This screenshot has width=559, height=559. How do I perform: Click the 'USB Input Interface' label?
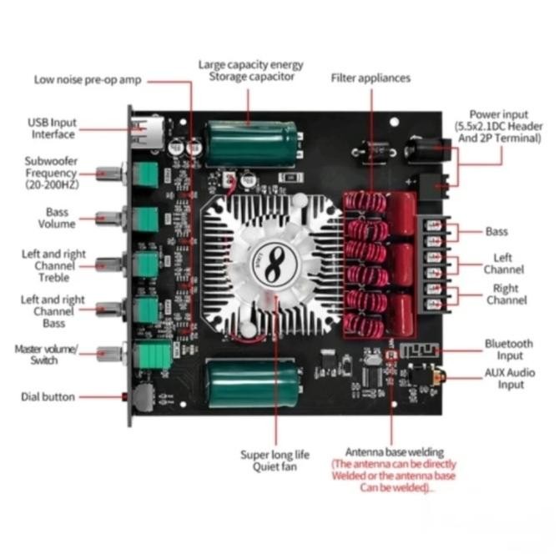click(x=53, y=128)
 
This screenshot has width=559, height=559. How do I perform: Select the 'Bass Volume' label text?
click(x=57, y=218)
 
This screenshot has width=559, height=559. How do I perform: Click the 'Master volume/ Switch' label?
click(x=47, y=355)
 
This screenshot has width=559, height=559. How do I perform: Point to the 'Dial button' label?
click(x=48, y=397)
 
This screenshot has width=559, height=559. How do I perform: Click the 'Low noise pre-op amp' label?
click(x=88, y=80)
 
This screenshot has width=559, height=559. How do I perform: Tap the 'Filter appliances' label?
click(x=370, y=78)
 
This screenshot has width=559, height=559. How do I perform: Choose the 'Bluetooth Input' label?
click(x=509, y=349)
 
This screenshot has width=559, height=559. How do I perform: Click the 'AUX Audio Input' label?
click(x=510, y=378)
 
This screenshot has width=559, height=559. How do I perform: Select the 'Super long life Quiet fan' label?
click(x=274, y=461)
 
